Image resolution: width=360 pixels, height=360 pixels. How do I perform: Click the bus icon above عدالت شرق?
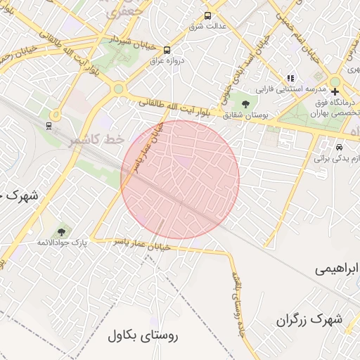pos(207,15)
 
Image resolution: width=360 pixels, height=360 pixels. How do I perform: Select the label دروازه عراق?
pos(166,61)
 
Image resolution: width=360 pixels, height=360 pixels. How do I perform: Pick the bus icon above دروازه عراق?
pos(167,50)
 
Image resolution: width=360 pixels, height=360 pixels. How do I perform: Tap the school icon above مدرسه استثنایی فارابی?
pos(290,78)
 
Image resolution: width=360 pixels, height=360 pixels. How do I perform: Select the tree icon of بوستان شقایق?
pos(245,104)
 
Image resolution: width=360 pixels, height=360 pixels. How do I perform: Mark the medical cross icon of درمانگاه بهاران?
pos(335,91)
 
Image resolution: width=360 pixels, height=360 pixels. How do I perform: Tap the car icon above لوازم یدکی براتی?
pos(340,148)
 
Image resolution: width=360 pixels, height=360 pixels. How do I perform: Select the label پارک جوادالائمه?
pos(63,243)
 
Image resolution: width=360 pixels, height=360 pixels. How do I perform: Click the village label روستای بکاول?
pos(143,335)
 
